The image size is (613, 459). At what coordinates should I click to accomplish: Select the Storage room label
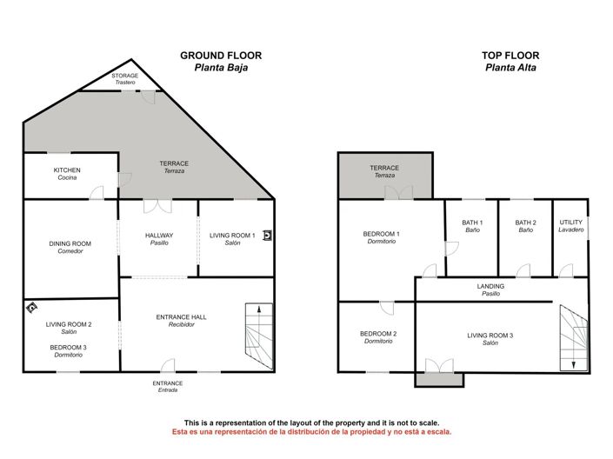[125, 78]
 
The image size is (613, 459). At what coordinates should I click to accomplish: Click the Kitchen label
[67, 174]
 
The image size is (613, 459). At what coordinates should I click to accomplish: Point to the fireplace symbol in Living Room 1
[267, 236]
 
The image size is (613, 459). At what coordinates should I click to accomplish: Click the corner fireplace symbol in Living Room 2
[31, 307]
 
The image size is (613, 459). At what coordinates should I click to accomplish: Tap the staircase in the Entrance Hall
[259, 336]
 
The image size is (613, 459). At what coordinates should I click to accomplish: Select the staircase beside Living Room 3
[574, 338]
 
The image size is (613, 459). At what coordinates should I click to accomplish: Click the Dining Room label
[70, 247]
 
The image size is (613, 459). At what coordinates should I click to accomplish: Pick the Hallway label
[159, 239]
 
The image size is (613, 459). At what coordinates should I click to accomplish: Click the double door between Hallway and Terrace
[157, 207]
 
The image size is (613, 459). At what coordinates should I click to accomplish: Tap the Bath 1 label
[472, 226]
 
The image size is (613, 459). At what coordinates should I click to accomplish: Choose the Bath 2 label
[526, 226]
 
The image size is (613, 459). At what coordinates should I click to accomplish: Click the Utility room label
[571, 226]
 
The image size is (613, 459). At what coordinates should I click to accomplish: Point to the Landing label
[490, 289]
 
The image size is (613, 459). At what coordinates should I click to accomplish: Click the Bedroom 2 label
[378, 337]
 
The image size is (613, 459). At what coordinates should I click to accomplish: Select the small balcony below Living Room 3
[439, 379]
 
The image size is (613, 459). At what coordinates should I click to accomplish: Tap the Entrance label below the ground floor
[168, 386]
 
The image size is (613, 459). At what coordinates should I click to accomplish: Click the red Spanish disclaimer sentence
[311, 432]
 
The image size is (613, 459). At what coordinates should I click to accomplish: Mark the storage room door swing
[148, 97]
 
